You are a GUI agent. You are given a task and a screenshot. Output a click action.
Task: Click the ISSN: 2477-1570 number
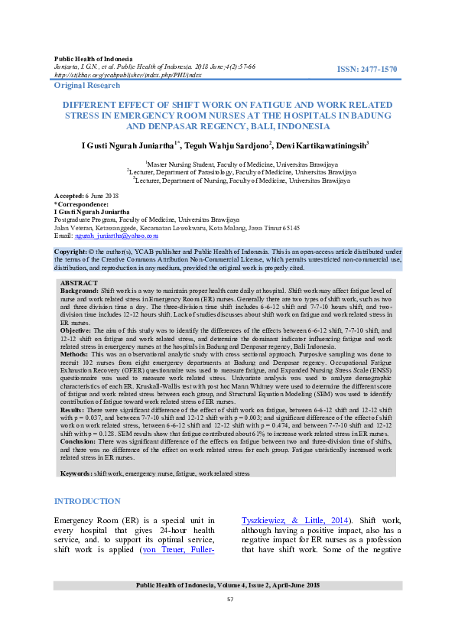368,70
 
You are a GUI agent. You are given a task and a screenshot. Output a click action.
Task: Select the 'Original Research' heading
87,85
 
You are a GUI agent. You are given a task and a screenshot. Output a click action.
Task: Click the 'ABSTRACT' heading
79,283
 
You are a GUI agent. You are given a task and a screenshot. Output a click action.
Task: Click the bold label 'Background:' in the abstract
79,291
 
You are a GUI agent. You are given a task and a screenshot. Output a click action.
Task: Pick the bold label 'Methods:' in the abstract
76,355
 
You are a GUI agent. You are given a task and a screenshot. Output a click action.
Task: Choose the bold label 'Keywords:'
76,474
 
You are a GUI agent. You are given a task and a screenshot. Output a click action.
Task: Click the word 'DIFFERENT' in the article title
96,102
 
